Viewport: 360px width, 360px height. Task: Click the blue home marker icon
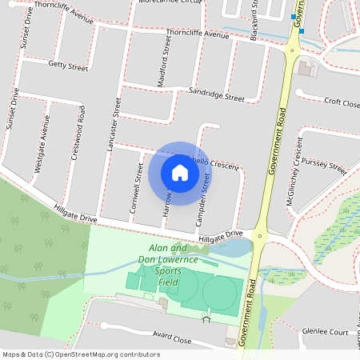[x=180, y=172]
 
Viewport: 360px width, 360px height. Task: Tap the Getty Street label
[x=68, y=65]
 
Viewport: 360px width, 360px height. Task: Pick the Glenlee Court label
[x=329, y=331]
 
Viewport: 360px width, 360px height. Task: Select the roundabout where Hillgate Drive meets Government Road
[x=259, y=235]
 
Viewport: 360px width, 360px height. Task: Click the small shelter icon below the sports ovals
[x=206, y=320]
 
